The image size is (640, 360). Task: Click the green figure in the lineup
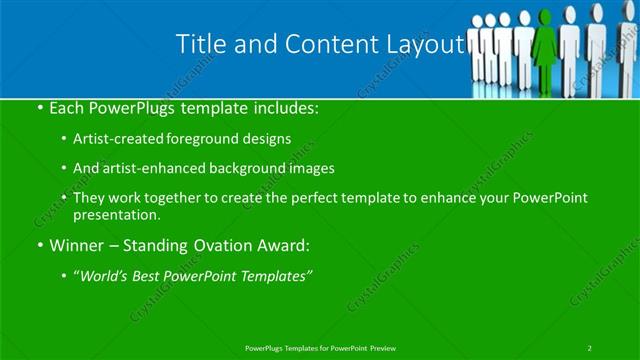click(546, 45)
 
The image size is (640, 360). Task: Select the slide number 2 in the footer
click(590, 347)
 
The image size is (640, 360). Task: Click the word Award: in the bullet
click(294, 244)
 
